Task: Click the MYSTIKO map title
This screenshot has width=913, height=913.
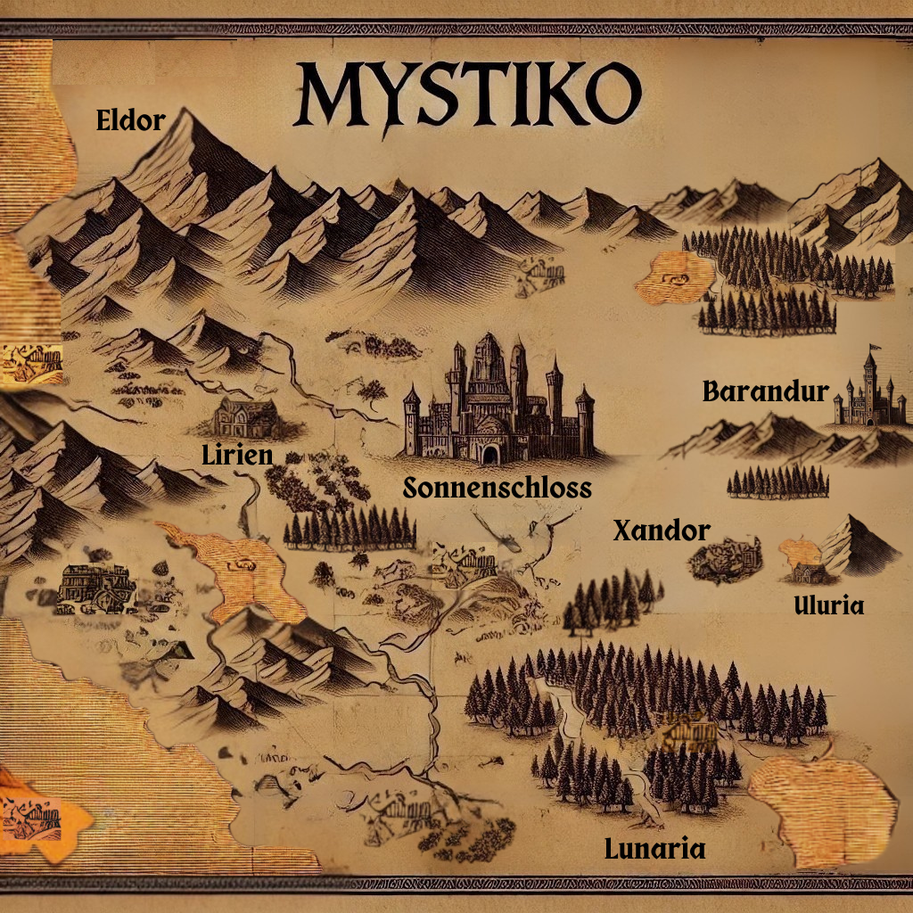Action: pos(466,94)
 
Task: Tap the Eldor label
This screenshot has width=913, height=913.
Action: pos(130,120)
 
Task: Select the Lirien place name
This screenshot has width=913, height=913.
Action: pos(237,455)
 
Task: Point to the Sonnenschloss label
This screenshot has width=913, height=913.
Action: pos(498,488)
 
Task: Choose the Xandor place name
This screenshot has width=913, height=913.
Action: pos(662,531)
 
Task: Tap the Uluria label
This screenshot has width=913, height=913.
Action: pos(829,606)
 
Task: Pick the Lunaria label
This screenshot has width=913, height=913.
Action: pos(654,849)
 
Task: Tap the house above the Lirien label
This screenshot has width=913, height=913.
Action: pos(245,417)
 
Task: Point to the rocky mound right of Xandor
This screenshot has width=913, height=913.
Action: pos(726,559)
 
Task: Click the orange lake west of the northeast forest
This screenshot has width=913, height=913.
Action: pos(674,276)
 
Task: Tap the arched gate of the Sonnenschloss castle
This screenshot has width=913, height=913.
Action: pos(489,454)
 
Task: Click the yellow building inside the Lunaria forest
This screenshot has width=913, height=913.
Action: pos(691,734)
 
